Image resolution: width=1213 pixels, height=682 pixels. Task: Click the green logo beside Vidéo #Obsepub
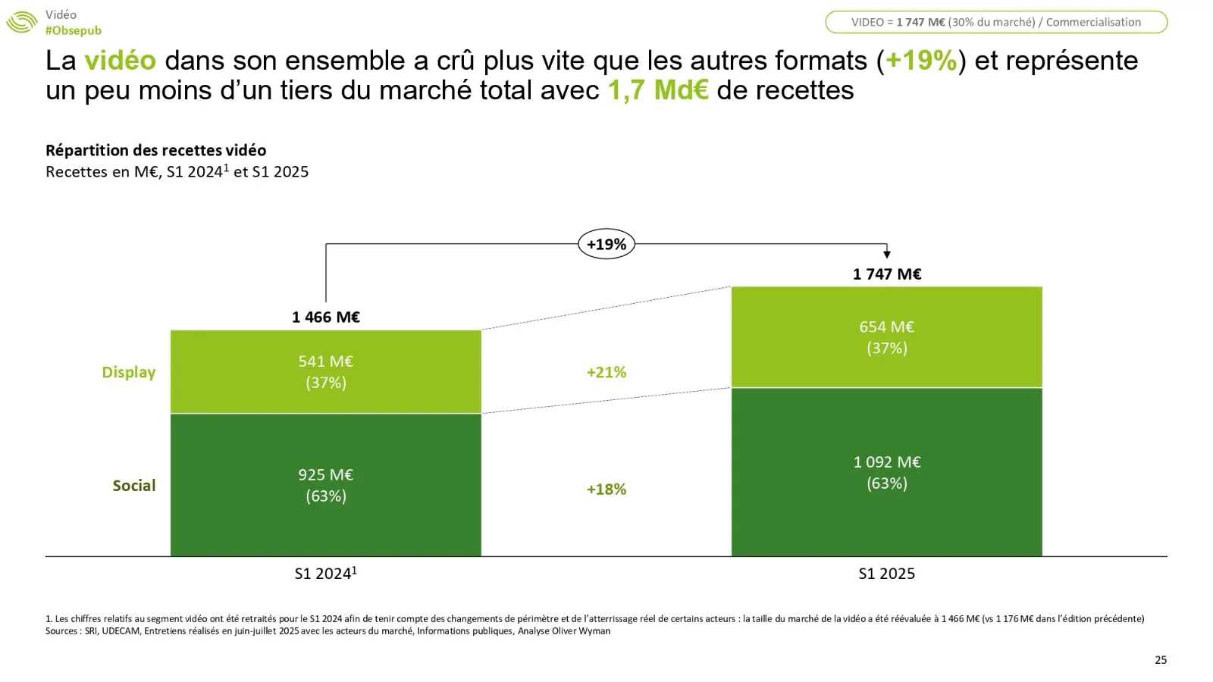(21, 22)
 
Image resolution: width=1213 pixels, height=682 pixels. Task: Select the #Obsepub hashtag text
(73, 30)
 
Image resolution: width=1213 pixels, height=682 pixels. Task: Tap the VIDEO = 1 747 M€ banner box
(995, 22)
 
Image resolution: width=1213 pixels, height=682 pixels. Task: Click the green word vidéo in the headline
(120, 61)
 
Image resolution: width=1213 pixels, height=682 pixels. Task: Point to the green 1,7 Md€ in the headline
(658, 90)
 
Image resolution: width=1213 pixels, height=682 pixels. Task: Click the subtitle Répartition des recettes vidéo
(155, 150)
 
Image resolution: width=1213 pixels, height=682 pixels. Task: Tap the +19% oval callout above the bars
(606, 244)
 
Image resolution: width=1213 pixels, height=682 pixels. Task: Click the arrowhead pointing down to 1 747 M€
(887, 255)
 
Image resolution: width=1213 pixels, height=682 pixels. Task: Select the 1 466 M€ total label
(326, 317)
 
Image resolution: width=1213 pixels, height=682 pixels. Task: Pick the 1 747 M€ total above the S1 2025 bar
(887, 274)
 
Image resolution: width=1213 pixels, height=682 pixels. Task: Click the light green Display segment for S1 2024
(326, 371)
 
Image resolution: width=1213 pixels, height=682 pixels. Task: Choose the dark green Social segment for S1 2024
(326, 485)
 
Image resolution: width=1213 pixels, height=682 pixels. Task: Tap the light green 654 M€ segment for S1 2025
(887, 337)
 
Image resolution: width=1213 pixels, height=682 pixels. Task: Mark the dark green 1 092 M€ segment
(887, 472)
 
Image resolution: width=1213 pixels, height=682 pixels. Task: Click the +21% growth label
(606, 372)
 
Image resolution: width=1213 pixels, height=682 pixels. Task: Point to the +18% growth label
(606, 490)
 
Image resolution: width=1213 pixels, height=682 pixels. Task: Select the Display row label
(129, 372)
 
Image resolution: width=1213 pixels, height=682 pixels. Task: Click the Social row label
(134, 486)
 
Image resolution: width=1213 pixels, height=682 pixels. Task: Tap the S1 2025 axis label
(887, 574)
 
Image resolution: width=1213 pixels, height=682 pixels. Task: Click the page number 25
(1161, 660)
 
